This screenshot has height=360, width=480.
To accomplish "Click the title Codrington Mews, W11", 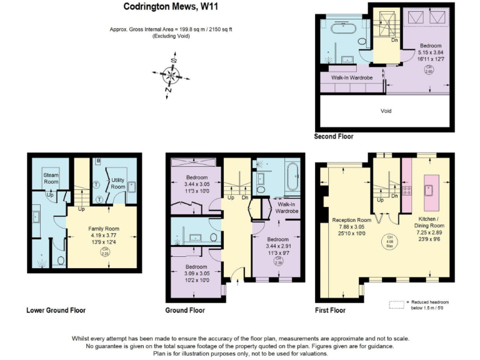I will point(170,7).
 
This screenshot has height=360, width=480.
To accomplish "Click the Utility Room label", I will point(117,183).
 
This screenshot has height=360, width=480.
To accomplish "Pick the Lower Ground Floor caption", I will point(56,310).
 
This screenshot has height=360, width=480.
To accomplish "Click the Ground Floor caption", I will point(185,310).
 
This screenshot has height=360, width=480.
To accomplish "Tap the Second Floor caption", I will point(334,136).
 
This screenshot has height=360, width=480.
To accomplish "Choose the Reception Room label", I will point(351,220).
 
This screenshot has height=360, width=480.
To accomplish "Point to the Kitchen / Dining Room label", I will point(431,223).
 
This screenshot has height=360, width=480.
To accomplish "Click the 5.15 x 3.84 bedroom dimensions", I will point(431,53).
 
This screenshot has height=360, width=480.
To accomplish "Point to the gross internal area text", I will point(170,29).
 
